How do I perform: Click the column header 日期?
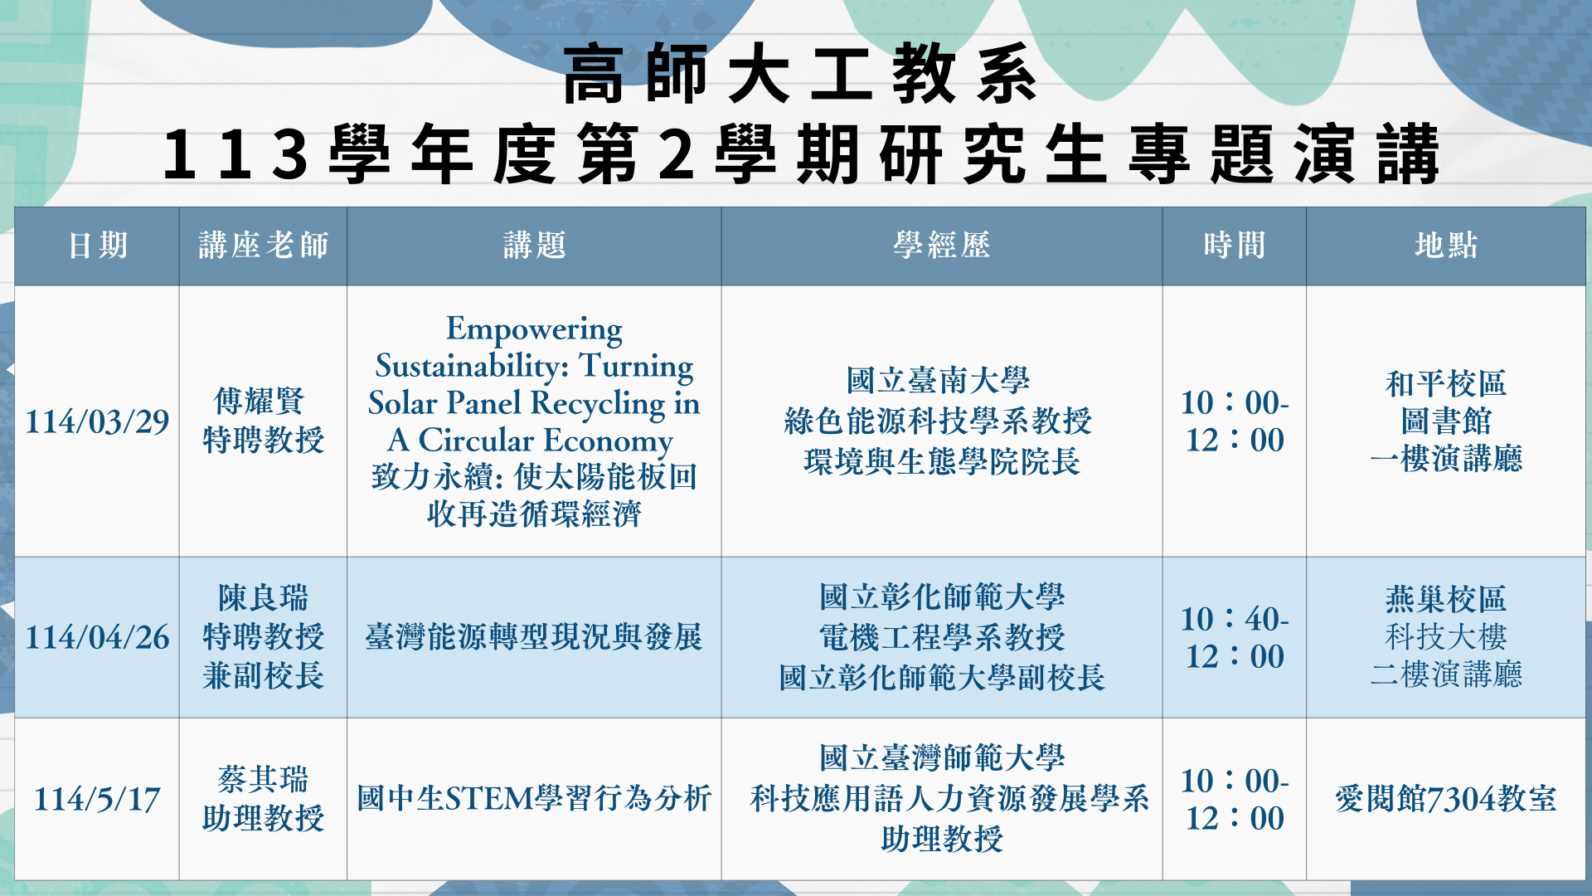click(x=98, y=246)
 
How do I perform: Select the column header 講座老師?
click(x=263, y=246)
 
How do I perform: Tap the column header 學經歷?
click(x=941, y=246)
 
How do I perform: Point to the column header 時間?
click(x=1234, y=246)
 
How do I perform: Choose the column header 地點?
click(x=1445, y=246)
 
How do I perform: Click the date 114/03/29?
click(x=97, y=421)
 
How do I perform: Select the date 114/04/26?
click(x=97, y=637)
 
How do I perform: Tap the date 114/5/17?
click(x=97, y=799)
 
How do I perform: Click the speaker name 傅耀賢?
click(x=260, y=401)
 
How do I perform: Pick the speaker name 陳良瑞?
click(x=263, y=597)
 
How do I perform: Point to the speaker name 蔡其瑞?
click(x=263, y=779)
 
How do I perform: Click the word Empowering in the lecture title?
click(x=534, y=329)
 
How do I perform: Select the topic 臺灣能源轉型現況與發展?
click(x=534, y=637)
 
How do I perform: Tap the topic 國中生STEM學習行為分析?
click(x=534, y=798)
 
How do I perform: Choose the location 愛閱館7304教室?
click(x=1445, y=798)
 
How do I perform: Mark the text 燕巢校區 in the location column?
click(x=1445, y=598)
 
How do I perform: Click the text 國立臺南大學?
click(x=938, y=381)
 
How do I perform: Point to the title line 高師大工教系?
click(x=800, y=75)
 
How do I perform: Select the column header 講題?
click(x=534, y=246)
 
